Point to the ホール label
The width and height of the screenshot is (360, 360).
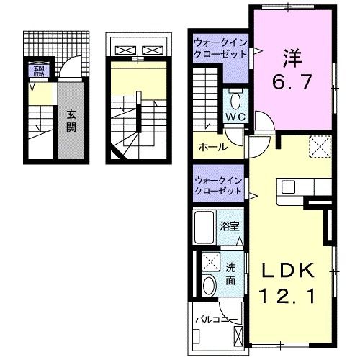tap(212, 147)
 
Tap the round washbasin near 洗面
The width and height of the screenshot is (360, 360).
tap(208, 286)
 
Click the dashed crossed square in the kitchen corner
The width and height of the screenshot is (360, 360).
tap(319, 147)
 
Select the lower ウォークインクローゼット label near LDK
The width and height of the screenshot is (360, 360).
tap(218, 185)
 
